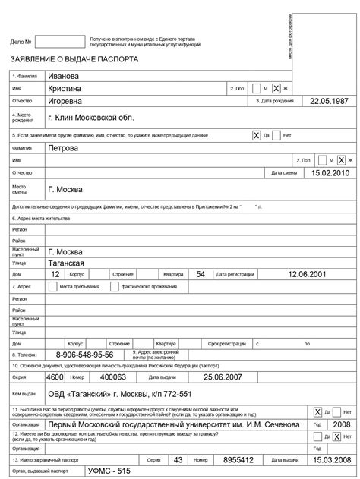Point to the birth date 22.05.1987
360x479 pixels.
click(x=327, y=101)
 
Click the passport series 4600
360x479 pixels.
click(x=55, y=377)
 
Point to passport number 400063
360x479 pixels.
click(x=113, y=377)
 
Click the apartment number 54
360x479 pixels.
click(x=200, y=274)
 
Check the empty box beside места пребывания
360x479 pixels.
click(x=52, y=286)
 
